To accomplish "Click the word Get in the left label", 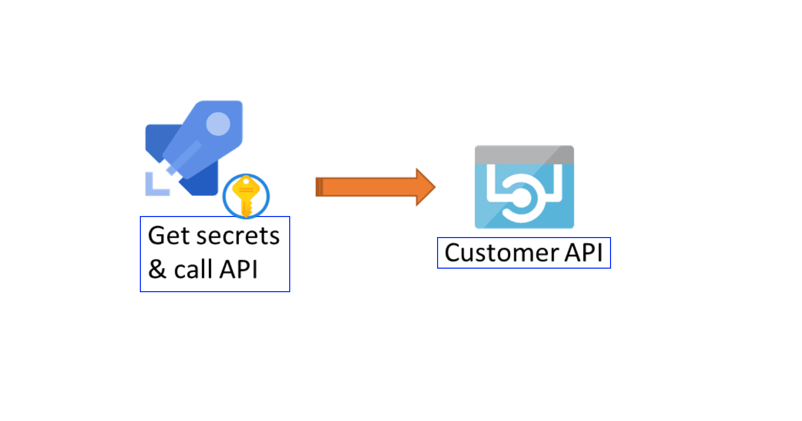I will (168, 236).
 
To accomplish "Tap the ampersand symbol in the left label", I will (157, 270).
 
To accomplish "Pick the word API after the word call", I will (239, 270).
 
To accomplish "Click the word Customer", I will (501, 253).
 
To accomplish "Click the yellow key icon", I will (246, 195).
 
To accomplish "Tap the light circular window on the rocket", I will (218, 124).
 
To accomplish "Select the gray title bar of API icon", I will (524, 154).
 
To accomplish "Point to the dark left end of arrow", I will (318, 187).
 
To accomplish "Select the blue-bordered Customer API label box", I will (524, 253).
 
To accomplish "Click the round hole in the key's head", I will (246, 181).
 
